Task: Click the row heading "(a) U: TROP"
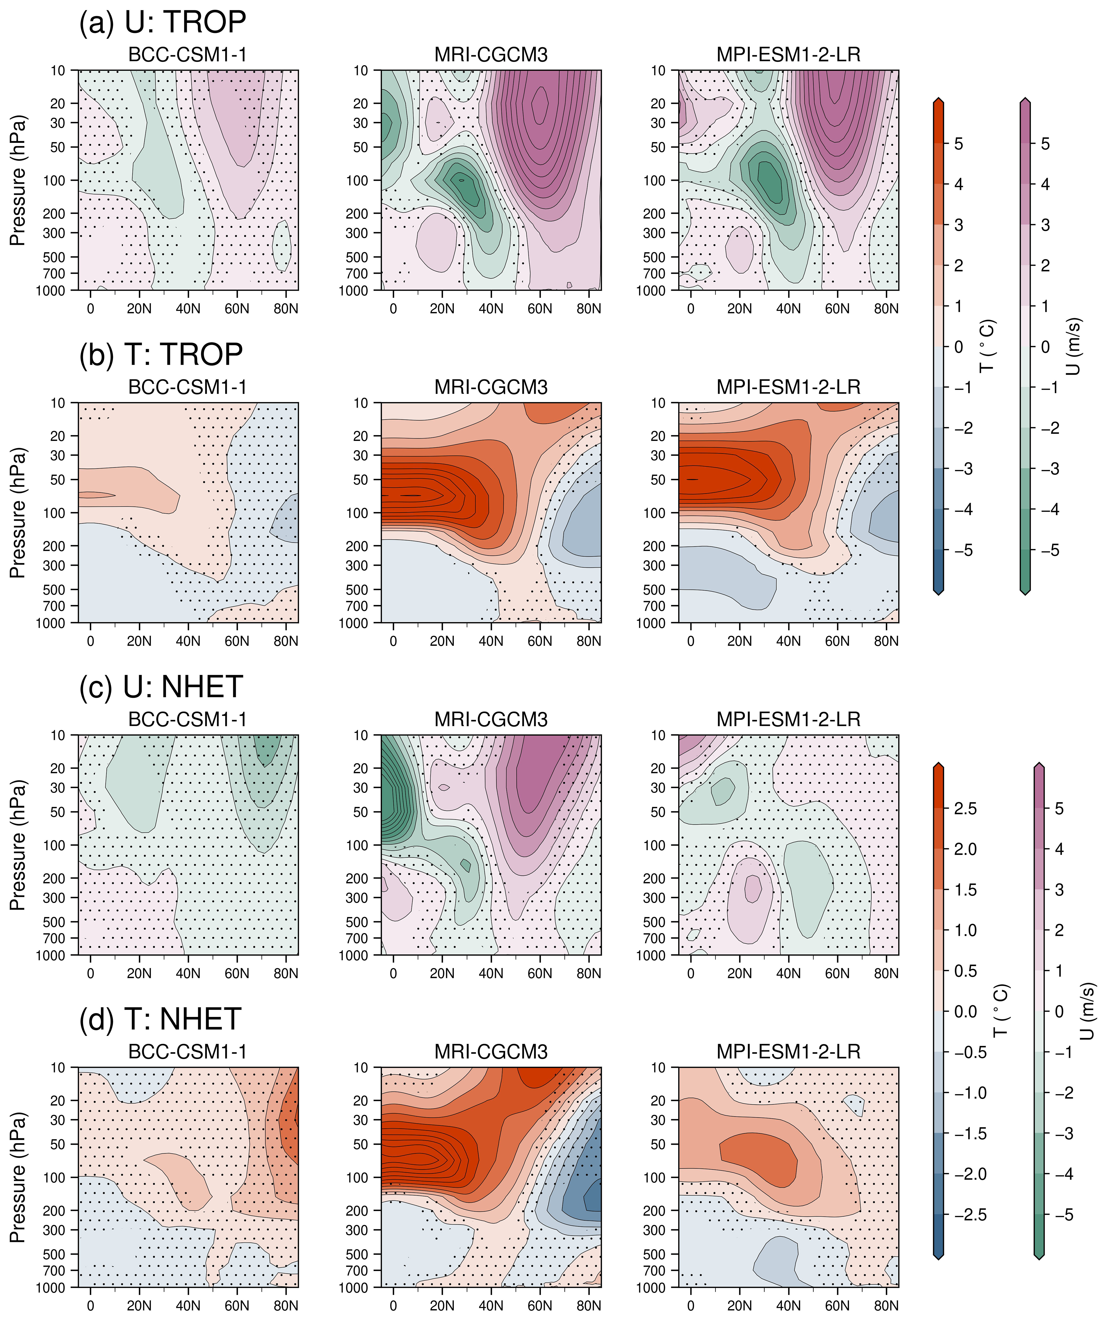click(x=162, y=23)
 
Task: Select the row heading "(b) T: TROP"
click(x=161, y=355)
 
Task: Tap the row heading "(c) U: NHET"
click(x=161, y=687)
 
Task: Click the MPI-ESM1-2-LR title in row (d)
click(x=789, y=1052)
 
